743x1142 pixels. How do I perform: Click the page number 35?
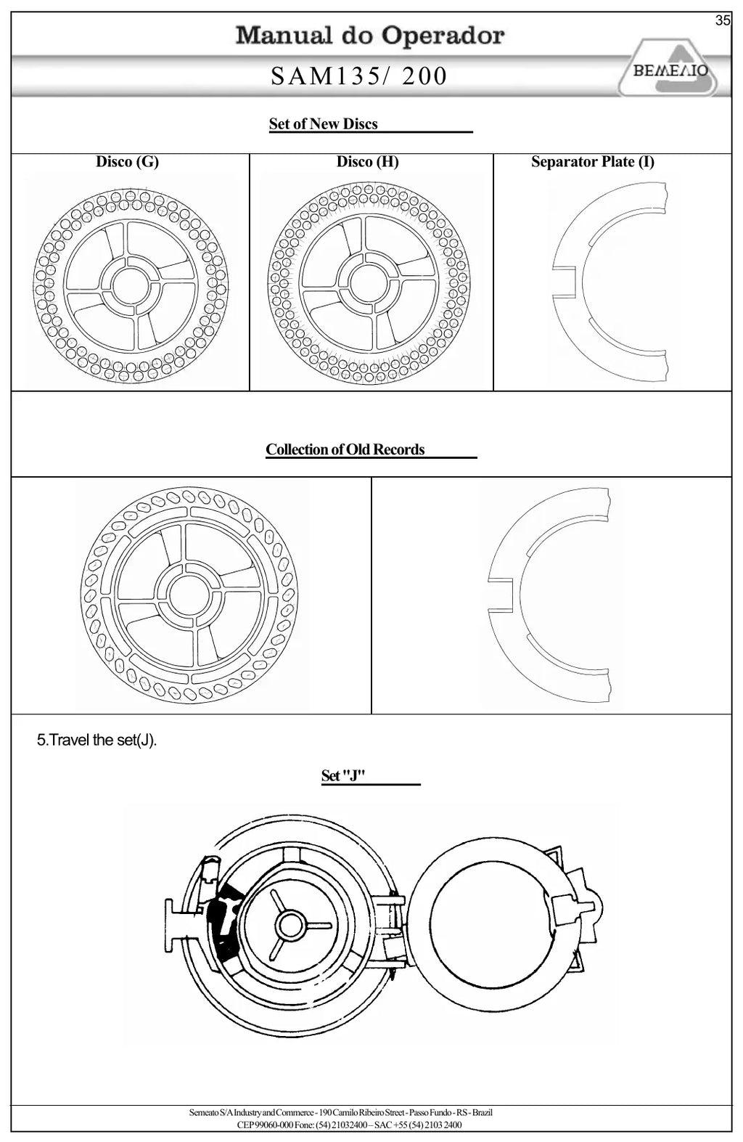(723, 21)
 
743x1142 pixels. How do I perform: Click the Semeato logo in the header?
(669, 68)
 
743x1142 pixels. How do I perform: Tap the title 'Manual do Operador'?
(370, 35)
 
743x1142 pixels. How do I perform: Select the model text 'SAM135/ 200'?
(358, 76)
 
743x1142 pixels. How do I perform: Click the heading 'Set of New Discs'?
(323, 124)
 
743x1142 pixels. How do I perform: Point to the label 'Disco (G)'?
(128, 162)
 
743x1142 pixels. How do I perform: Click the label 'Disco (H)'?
(367, 162)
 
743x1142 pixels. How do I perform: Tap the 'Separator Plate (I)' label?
(593, 162)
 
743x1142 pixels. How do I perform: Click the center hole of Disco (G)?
(131, 285)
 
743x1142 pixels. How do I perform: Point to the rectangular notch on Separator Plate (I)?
(565, 282)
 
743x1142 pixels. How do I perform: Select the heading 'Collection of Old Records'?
(345, 449)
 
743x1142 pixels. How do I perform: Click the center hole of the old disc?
(188, 595)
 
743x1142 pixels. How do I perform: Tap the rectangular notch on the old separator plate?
(501, 595)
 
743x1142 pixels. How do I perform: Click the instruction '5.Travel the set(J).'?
(97, 740)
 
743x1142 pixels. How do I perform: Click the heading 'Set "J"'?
(343, 775)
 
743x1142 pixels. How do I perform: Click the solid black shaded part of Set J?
(223, 923)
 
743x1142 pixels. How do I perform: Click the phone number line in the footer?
(349, 1125)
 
